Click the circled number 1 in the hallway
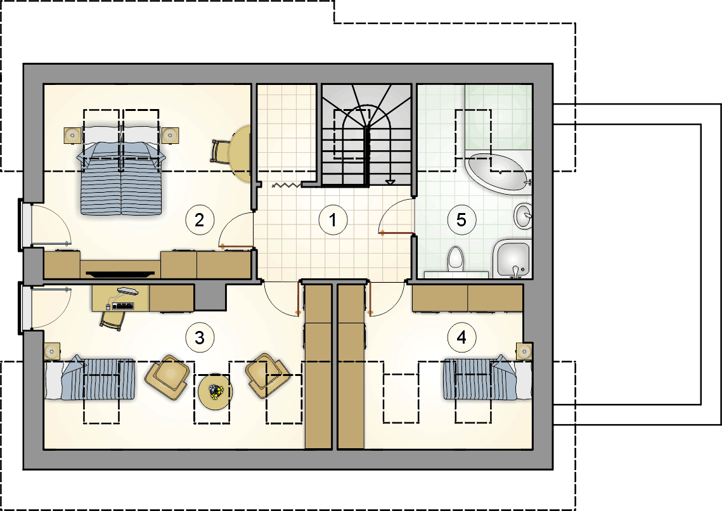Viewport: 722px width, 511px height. coord(333,219)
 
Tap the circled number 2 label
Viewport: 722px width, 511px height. coord(200,219)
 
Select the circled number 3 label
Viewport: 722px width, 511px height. coord(200,337)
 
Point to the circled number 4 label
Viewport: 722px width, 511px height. coord(461,337)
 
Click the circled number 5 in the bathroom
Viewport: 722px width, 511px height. coord(461,219)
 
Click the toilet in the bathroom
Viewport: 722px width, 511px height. coord(455,259)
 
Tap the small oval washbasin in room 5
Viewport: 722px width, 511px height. coord(523,216)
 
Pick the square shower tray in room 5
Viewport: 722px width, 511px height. coord(512,259)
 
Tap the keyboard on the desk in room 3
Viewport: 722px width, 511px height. coord(123,306)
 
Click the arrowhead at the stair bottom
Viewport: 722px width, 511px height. coord(390,183)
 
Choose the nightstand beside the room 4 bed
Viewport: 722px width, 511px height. coord(524,352)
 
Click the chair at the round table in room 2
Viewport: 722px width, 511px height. coord(221,151)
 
